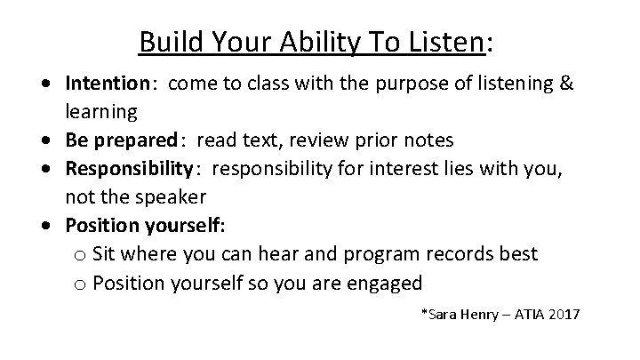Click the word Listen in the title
click(454, 41)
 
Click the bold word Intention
click(108, 84)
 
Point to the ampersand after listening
click(565, 84)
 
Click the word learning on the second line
click(100, 112)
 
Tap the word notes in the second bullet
click(430, 140)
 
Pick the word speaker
click(169, 196)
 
